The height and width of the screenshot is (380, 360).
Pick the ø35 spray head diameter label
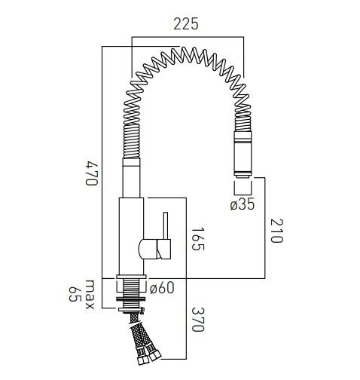point(243,204)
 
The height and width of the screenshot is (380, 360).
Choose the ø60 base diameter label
point(162,287)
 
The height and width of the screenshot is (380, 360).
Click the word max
point(90,288)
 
